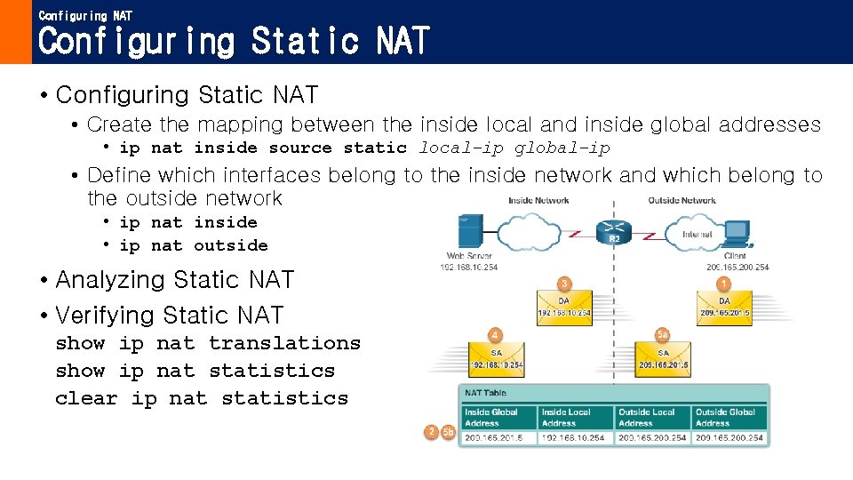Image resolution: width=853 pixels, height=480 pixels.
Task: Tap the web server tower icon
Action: (469, 232)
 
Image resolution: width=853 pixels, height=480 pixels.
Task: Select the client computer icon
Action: (737, 233)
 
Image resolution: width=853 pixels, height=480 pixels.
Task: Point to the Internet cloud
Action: (697, 234)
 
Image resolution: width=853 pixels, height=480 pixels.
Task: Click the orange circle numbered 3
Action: (563, 284)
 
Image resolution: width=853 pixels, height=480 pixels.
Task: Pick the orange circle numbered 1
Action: (724, 284)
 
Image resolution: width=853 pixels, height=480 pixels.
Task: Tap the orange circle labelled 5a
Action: (662, 334)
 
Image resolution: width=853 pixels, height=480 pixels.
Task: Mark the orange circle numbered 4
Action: (495, 335)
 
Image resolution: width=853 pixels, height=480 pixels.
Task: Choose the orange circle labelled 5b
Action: (449, 432)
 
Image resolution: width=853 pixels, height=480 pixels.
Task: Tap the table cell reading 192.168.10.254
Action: (573, 437)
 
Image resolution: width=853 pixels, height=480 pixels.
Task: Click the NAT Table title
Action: (485, 393)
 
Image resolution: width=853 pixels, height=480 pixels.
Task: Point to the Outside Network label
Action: (682, 201)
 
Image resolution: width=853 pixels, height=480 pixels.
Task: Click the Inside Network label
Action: (538, 201)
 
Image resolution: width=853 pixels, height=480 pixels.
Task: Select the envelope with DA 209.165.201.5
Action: (724, 307)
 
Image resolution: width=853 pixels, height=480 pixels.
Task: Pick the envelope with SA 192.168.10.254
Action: (496, 358)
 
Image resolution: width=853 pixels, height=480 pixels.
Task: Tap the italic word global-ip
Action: (562, 148)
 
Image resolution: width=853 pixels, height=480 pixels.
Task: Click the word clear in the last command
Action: (86, 398)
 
